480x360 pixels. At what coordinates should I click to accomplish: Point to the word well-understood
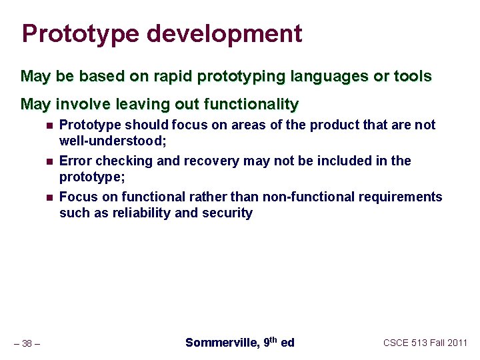click(x=111, y=141)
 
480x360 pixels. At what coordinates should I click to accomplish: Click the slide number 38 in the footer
click(x=27, y=343)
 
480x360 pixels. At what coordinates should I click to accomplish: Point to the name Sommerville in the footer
click(x=221, y=343)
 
